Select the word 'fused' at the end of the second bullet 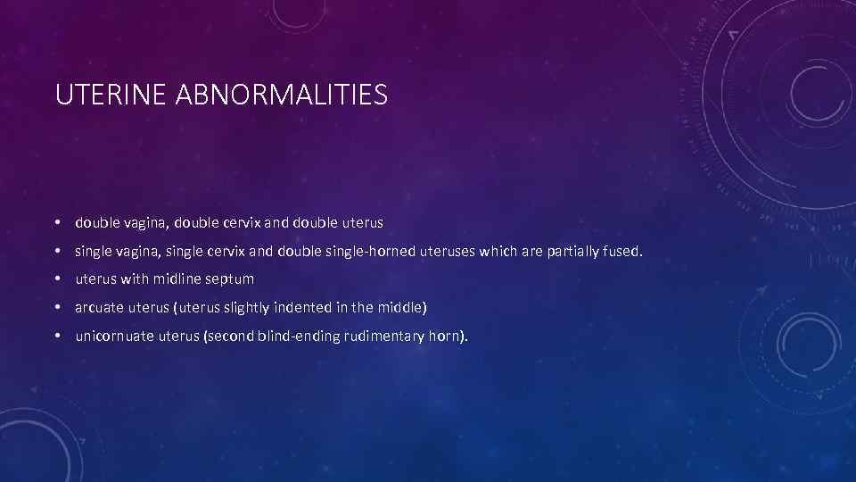click(x=621, y=252)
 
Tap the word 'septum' click(x=231, y=280)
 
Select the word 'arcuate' click(x=100, y=308)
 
